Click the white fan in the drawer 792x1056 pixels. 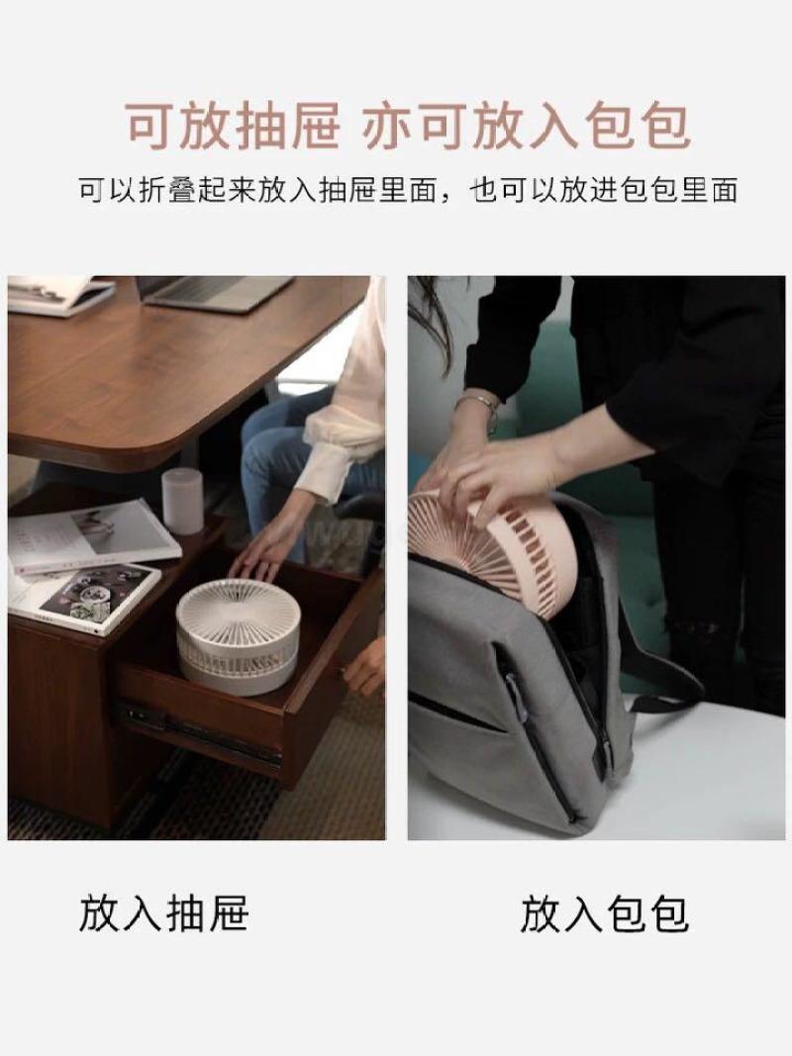pyautogui.click(x=238, y=635)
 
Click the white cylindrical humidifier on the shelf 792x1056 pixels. pyautogui.click(x=182, y=501)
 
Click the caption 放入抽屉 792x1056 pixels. pyautogui.click(x=164, y=913)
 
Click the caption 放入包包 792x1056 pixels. pyautogui.click(x=604, y=913)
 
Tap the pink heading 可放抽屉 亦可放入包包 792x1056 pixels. pyautogui.click(x=408, y=126)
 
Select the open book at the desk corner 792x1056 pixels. pyautogui.click(x=59, y=294)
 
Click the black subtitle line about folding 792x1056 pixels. pyautogui.click(x=408, y=191)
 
